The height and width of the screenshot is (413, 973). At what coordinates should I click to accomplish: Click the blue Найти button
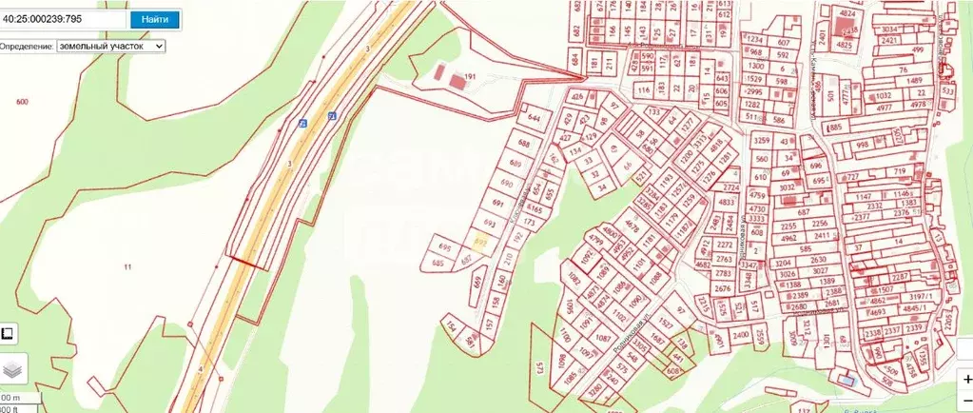tap(154, 19)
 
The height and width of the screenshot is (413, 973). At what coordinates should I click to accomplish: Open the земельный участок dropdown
tap(110, 45)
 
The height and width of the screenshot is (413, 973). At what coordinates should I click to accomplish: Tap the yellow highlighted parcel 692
tap(481, 244)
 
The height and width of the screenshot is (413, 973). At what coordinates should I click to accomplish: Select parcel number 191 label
tap(470, 77)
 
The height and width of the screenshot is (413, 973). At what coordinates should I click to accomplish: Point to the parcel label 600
tap(22, 102)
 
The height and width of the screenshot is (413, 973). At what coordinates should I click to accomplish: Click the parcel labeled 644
tap(535, 119)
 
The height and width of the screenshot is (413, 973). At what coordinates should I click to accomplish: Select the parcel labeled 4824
tap(844, 15)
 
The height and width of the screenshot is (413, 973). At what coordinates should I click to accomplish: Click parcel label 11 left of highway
tap(127, 265)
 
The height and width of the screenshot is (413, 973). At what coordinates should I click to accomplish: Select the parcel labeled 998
tap(863, 145)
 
